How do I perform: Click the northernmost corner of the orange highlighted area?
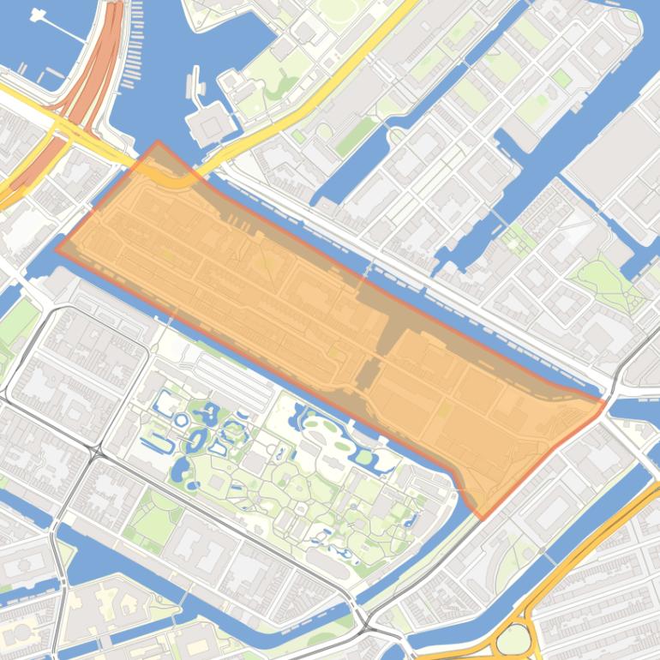[x=157, y=142]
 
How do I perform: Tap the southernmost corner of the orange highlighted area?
[x=483, y=519]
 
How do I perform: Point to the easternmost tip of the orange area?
[x=605, y=401]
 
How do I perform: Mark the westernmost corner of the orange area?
[x=57, y=249]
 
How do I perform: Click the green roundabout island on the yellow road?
[x=513, y=639]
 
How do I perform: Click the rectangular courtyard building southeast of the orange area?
[x=549, y=514]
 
